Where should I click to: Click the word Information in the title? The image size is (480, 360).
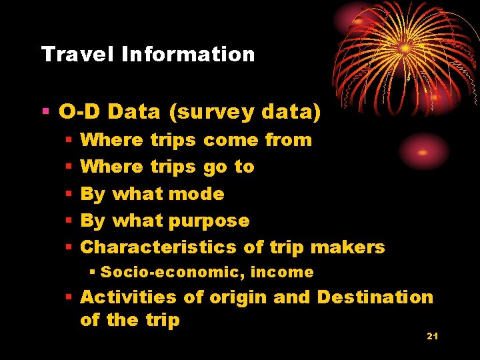tap(188, 54)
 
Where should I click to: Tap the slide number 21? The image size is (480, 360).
tap(432, 336)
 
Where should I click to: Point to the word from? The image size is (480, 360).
tap(288, 140)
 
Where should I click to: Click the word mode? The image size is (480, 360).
tap(197, 194)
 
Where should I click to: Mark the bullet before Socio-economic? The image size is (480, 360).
tap(93, 272)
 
